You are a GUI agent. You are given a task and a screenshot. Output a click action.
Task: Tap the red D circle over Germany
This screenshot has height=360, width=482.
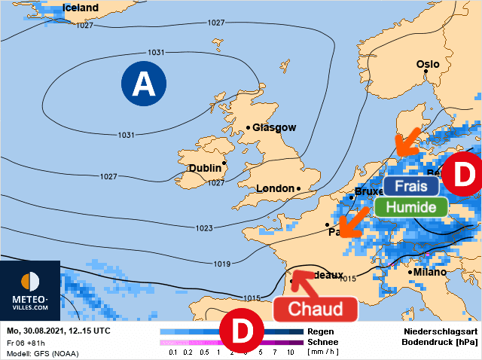(x=460, y=175)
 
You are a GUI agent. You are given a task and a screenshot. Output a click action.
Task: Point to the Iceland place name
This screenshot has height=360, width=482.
(x=81, y=8)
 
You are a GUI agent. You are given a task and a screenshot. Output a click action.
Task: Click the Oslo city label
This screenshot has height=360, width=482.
(x=428, y=65)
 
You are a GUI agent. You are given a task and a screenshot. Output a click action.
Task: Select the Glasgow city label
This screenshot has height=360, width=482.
(x=274, y=128)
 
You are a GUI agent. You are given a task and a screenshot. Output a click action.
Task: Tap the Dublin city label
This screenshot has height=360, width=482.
(x=205, y=168)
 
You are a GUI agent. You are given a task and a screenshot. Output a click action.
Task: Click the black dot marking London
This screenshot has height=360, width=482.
(x=299, y=188)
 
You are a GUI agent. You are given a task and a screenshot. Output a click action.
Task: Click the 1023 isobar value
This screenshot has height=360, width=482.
(x=203, y=228)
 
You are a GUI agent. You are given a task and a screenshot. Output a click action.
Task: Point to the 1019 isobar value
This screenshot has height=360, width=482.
(x=221, y=264)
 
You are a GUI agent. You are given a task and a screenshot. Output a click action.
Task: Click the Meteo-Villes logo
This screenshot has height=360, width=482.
(x=30, y=291)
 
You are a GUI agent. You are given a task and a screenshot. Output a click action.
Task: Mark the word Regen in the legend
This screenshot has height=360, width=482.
(x=320, y=331)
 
